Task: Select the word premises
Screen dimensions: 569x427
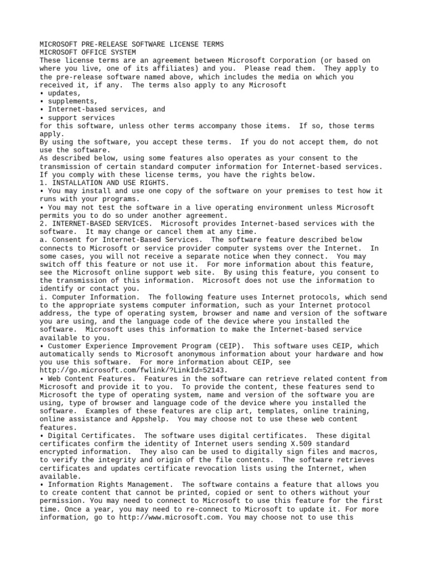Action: tap(270, 191)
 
